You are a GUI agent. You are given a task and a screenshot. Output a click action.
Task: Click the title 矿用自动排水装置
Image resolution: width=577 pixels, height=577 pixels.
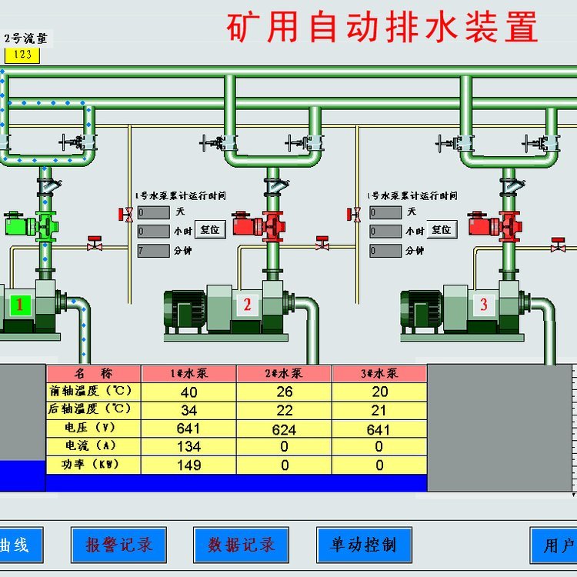pyautogui.click(x=382, y=28)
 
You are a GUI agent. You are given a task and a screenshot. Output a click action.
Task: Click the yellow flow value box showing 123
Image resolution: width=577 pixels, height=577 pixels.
pyautogui.click(x=23, y=55)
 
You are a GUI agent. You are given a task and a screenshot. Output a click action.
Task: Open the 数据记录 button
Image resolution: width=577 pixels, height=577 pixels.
pyautogui.click(x=241, y=545)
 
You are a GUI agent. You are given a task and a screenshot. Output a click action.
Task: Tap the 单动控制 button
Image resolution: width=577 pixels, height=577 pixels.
pyautogui.click(x=363, y=545)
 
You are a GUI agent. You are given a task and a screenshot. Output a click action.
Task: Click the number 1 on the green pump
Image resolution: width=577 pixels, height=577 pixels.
pyautogui.click(x=21, y=305)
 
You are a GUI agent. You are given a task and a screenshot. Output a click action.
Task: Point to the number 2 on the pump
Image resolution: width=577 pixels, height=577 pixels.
pyautogui.click(x=248, y=305)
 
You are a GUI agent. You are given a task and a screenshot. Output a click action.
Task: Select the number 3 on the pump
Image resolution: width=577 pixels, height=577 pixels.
pyautogui.click(x=484, y=305)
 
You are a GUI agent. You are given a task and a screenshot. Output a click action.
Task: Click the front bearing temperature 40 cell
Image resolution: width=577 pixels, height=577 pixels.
pyautogui.click(x=188, y=392)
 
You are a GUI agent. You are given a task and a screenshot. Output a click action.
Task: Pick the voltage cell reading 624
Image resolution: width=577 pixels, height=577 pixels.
pyautogui.click(x=284, y=429)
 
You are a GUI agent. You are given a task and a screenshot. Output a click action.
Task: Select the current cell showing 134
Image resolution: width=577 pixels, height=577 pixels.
pyautogui.click(x=188, y=447)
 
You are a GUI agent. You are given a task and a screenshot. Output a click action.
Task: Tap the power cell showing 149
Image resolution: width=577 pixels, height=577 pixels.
pyautogui.click(x=188, y=465)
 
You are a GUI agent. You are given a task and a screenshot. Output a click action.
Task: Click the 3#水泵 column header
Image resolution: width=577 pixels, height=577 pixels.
pyautogui.click(x=379, y=373)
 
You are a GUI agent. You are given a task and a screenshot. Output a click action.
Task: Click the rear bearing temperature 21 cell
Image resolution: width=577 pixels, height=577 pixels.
pyautogui.click(x=379, y=410)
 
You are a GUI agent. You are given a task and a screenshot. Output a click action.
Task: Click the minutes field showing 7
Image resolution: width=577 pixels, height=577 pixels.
pyautogui.click(x=153, y=250)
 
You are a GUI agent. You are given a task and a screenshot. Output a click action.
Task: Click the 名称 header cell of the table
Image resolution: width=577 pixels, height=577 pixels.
pyautogui.click(x=92, y=373)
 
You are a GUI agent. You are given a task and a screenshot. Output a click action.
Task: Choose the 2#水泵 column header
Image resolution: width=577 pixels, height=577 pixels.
pyautogui.click(x=284, y=373)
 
